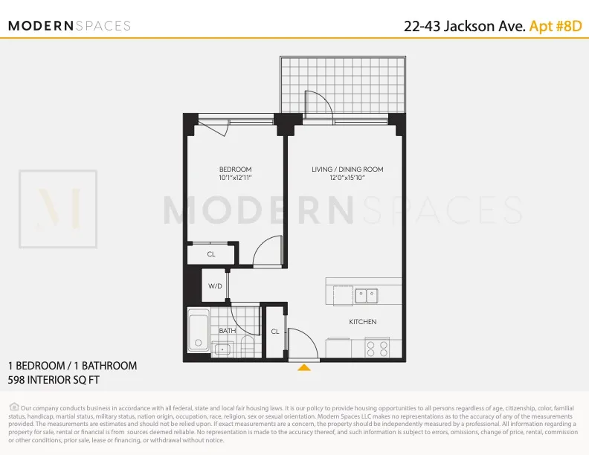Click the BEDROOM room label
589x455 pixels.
[235, 170]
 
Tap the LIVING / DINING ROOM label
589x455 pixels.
[347, 170]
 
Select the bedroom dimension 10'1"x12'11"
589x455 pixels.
[235, 178]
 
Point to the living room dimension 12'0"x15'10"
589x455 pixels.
[347, 178]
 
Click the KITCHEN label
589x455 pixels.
[363, 322]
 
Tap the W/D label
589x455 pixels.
[215, 286]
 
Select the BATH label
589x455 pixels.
[227, 330]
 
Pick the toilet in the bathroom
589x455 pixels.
[248, 346]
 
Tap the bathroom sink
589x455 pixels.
[223, 349]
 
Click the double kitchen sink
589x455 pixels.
[366, 296]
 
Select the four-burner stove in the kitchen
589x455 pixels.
[377, 347]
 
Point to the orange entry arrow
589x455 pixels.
[303, 367]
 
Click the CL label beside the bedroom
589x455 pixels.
[211, 254]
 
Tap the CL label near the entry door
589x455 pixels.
[275, 332]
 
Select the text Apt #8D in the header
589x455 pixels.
[555, 26]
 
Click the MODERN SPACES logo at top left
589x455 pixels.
[69, 26]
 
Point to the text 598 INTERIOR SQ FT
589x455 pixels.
[54, 379]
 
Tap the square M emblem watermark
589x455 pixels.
[58, 210]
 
